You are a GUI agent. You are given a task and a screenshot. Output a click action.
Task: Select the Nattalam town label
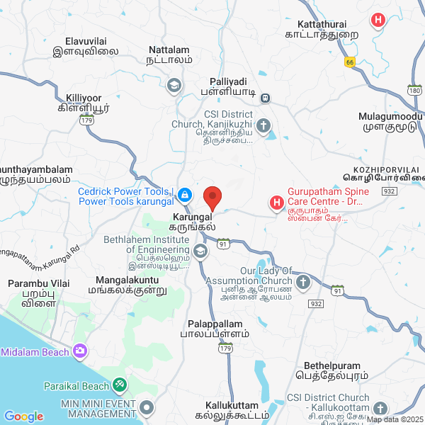click(x=170, y=55)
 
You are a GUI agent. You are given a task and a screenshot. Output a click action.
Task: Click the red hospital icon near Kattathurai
click(x=379, y=20)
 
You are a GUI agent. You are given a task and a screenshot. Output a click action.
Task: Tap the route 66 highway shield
click(x=350, y=62)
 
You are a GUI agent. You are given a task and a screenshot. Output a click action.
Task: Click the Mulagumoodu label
click(x=390, y=121)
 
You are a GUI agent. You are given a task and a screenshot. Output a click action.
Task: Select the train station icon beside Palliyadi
click(x=265, y=98)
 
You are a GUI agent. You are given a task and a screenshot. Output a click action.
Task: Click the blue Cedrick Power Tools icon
click(x=184, y=194)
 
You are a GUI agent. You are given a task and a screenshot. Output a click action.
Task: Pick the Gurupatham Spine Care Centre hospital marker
click(x=276, y=204)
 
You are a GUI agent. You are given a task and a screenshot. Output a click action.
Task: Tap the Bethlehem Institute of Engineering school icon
click(x=201, y=251)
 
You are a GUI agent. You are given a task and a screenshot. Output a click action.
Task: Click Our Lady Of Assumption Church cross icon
click(x=303, y=283)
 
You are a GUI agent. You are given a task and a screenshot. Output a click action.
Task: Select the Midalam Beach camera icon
click(x=80, y=351)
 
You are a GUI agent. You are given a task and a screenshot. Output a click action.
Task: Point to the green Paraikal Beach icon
click(x=120, y=385)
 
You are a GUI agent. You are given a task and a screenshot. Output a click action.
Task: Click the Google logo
click(x=23, y=416)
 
